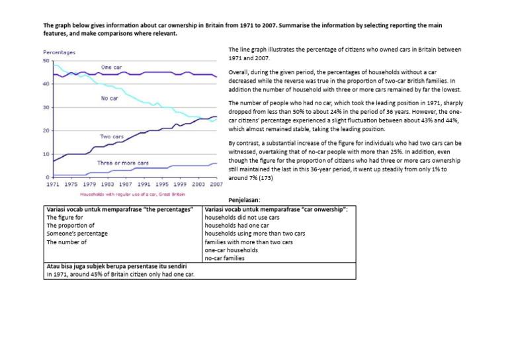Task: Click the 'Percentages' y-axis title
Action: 59,52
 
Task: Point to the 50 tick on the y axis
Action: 46,61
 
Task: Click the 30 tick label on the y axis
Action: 46,107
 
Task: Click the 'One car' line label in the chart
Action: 111,67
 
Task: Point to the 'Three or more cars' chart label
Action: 123,162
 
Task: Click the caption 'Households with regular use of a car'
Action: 132,195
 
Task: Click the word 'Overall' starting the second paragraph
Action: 239,71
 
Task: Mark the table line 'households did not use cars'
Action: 242,217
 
